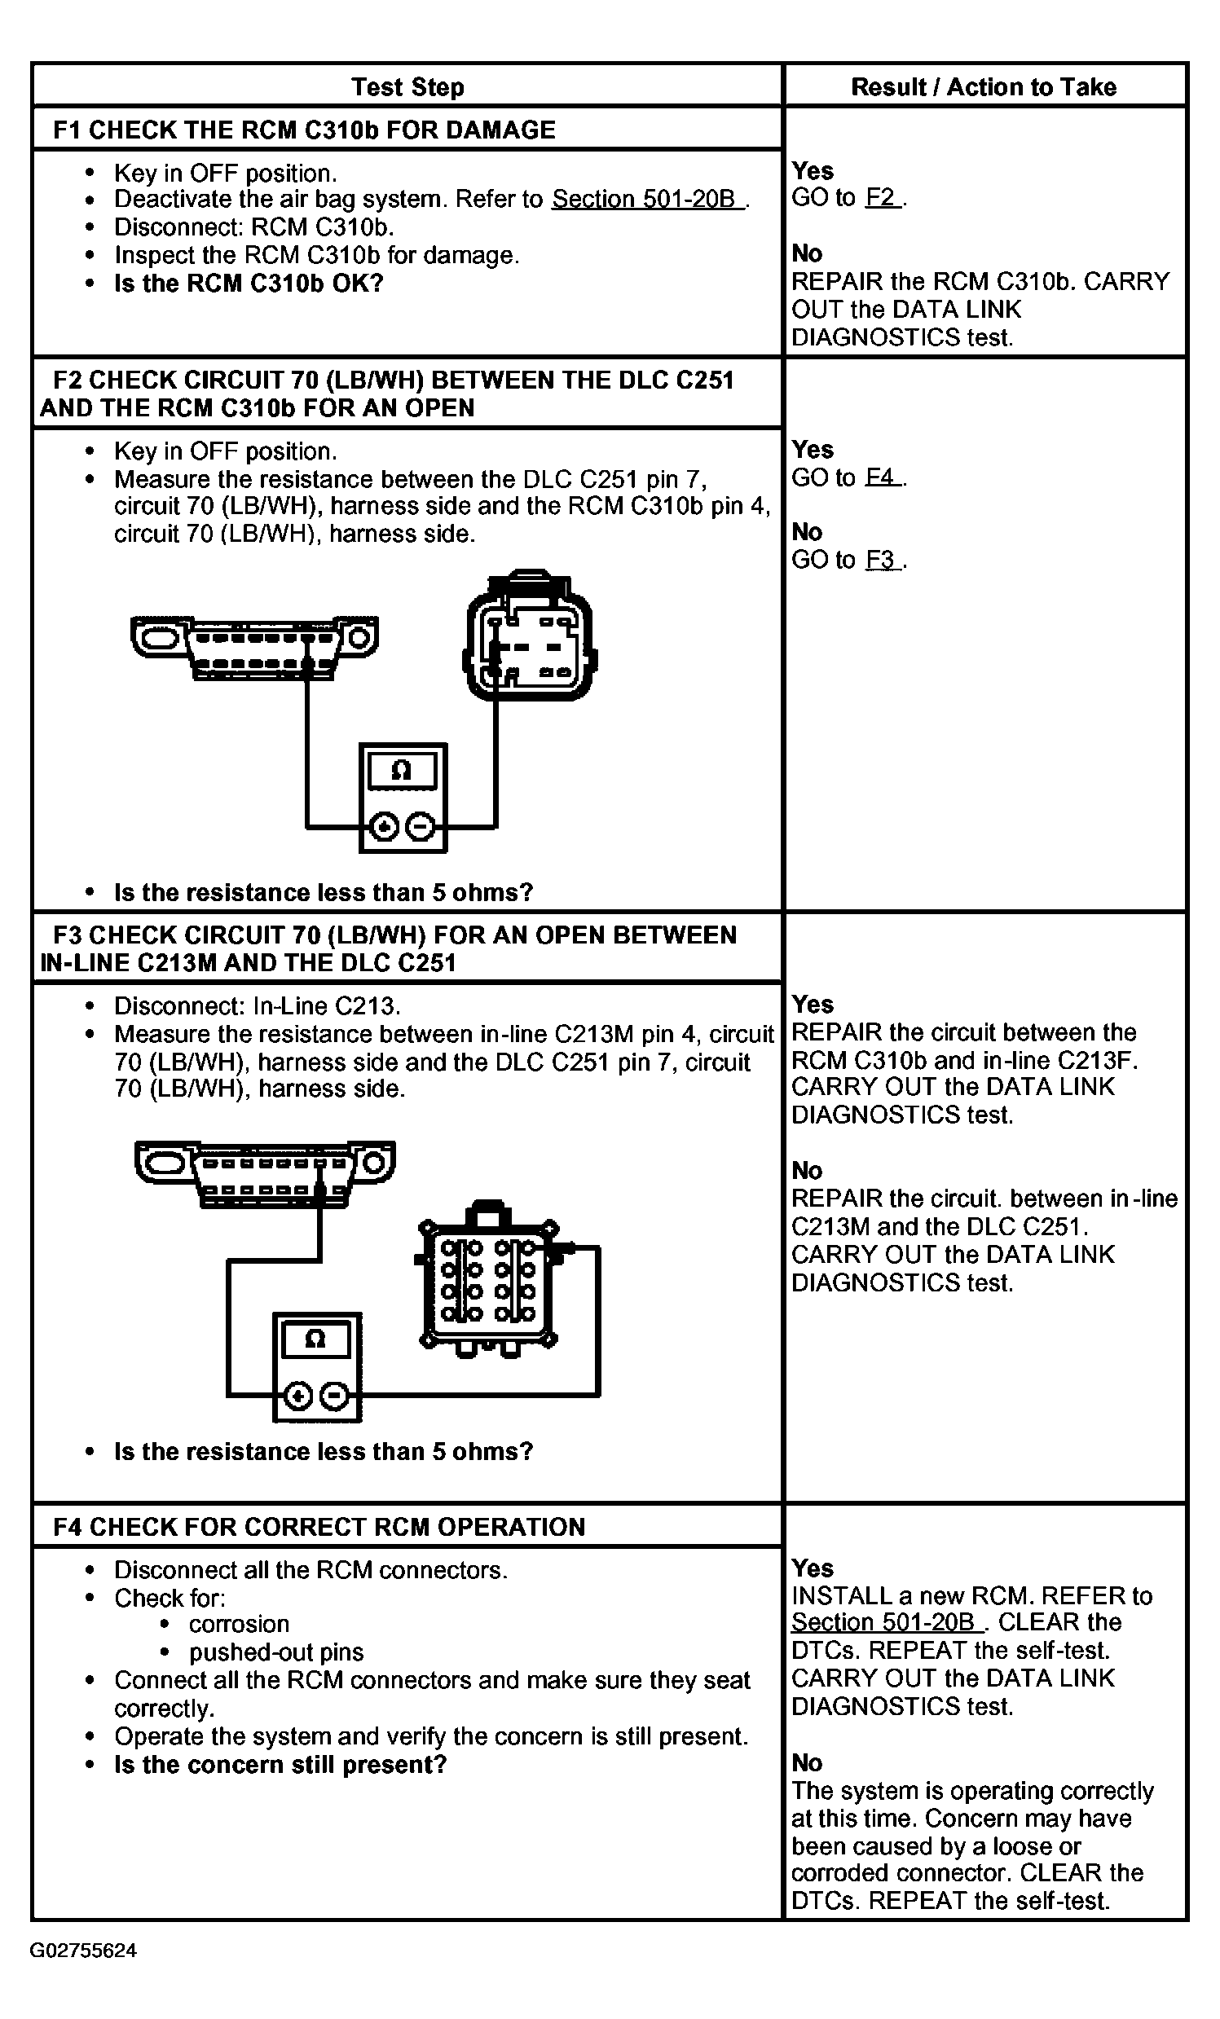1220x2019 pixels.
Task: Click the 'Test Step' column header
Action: tap(407, 87)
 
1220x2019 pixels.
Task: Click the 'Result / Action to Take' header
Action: tap(983, 87)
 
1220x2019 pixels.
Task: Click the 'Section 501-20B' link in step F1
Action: tap(646, 199)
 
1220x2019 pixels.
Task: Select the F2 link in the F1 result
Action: tap(882, 197)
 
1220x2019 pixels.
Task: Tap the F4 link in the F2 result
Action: tap(882, 477)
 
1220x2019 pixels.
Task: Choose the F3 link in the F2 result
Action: tap(882, 560)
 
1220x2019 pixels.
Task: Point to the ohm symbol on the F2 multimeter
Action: tap(402, 770)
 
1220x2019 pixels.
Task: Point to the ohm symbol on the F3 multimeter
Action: tap(315, 1339)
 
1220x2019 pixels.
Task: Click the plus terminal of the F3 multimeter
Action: tap(298, 1396)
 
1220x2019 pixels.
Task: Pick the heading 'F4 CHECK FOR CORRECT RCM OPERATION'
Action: tap(319, 1527)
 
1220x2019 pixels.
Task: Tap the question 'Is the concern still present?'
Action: tap(280, 1764)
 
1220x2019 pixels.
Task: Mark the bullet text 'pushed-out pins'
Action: tap(276, 1652)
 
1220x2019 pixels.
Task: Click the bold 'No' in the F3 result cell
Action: tap(807, 1170)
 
